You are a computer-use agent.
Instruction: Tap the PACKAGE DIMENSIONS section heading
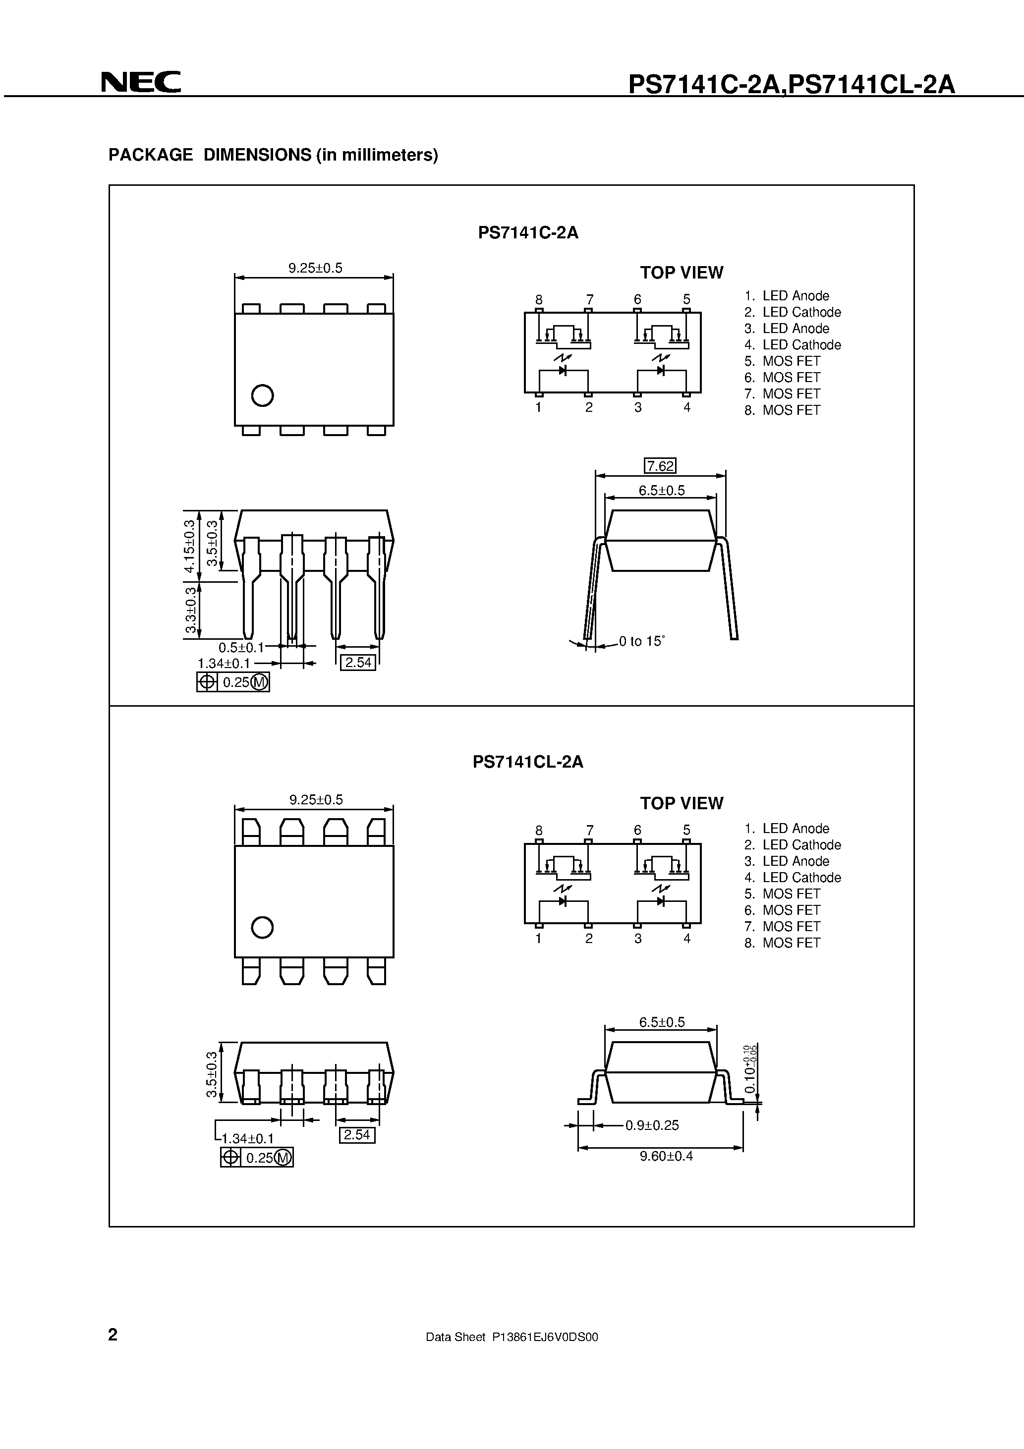273,155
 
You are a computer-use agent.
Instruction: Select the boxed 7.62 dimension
660,466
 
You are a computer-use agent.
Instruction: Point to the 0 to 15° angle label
641,641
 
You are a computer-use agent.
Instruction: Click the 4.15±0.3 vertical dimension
189,547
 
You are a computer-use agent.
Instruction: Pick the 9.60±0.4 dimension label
666,1156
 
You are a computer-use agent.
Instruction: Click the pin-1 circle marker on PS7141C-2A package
262,395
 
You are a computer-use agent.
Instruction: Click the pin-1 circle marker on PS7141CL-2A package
262,927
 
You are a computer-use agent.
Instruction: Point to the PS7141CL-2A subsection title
528,762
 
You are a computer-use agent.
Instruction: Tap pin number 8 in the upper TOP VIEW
538,299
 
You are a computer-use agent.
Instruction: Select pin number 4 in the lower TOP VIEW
687,939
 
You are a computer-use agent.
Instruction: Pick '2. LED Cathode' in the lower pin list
793,845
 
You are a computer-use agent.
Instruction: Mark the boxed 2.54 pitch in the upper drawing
358,663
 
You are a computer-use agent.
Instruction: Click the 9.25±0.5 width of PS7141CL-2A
316,800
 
